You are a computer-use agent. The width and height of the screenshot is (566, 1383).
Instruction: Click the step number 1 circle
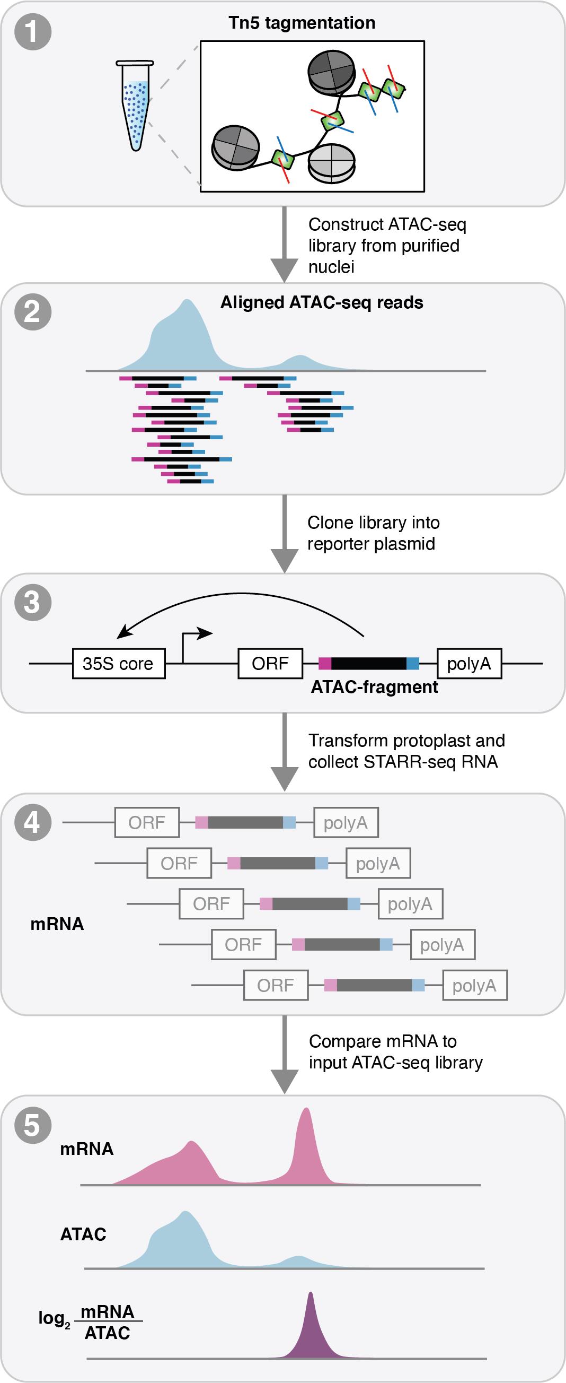pos(33,32)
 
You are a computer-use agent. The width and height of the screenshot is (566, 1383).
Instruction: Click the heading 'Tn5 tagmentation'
pos(302,23)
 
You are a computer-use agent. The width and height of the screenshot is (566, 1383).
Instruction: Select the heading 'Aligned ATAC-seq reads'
pos(321,303)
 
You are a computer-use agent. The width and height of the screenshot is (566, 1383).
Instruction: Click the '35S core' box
pos(119,664)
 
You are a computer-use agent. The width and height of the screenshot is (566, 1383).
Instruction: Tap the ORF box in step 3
pos(270,664)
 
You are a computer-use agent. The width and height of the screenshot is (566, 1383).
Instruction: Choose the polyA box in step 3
pos(469,664)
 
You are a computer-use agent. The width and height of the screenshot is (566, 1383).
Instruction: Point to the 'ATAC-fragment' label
pos(374,687)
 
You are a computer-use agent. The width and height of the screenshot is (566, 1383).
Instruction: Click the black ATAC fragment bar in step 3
pos(368,664)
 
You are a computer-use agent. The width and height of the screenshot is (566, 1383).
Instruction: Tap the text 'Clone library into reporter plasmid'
pos(373,533)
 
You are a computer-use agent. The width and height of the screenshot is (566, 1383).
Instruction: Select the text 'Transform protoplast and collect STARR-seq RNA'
pos(406,751)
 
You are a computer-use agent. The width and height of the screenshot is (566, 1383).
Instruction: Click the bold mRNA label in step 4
pos(57,924)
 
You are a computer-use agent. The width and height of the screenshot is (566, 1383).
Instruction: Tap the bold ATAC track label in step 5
pos(83,1234)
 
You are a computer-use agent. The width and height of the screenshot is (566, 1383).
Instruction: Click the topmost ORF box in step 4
pos(146,822)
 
